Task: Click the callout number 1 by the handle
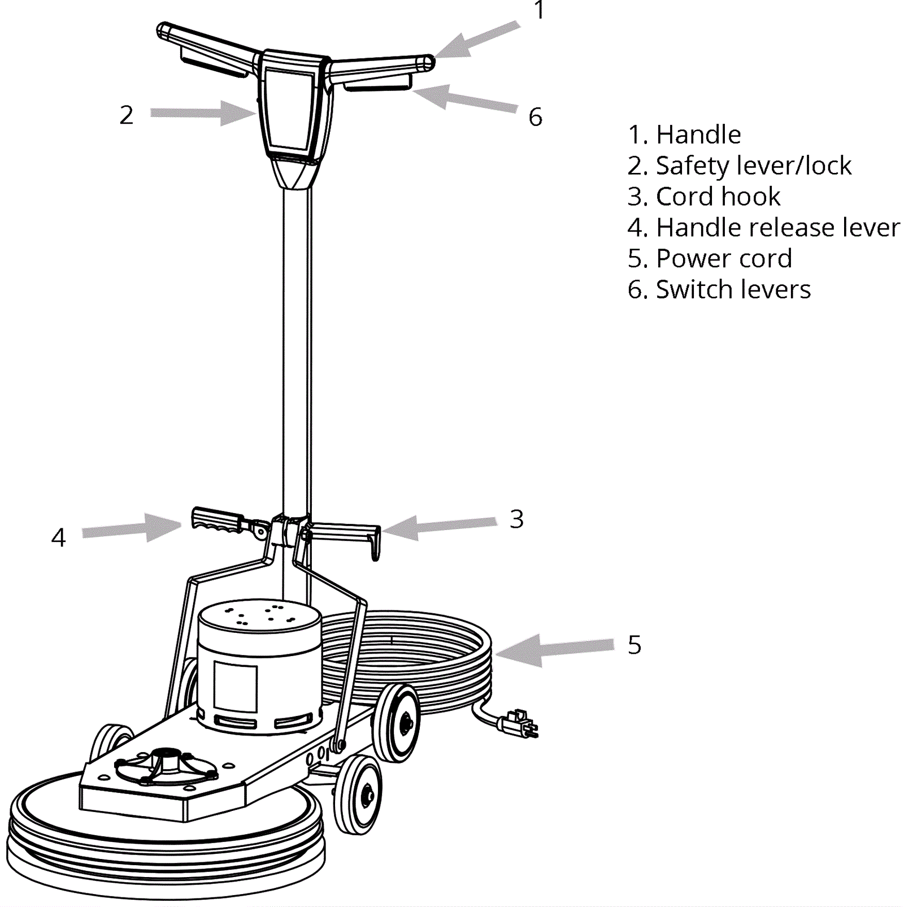click(539, 10)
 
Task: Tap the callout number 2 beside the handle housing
click(127, 115)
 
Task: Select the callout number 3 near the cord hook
click(516, 519)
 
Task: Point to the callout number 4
click(59, 537)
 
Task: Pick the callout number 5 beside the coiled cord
click(634, 645)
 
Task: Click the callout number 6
click(535, 117)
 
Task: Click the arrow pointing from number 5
click(554, 649)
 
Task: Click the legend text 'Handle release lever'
click(763, 228)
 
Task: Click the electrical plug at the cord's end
click(519, 723)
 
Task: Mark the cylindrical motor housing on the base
click(260, 667)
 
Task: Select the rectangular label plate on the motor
click(235, 687)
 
